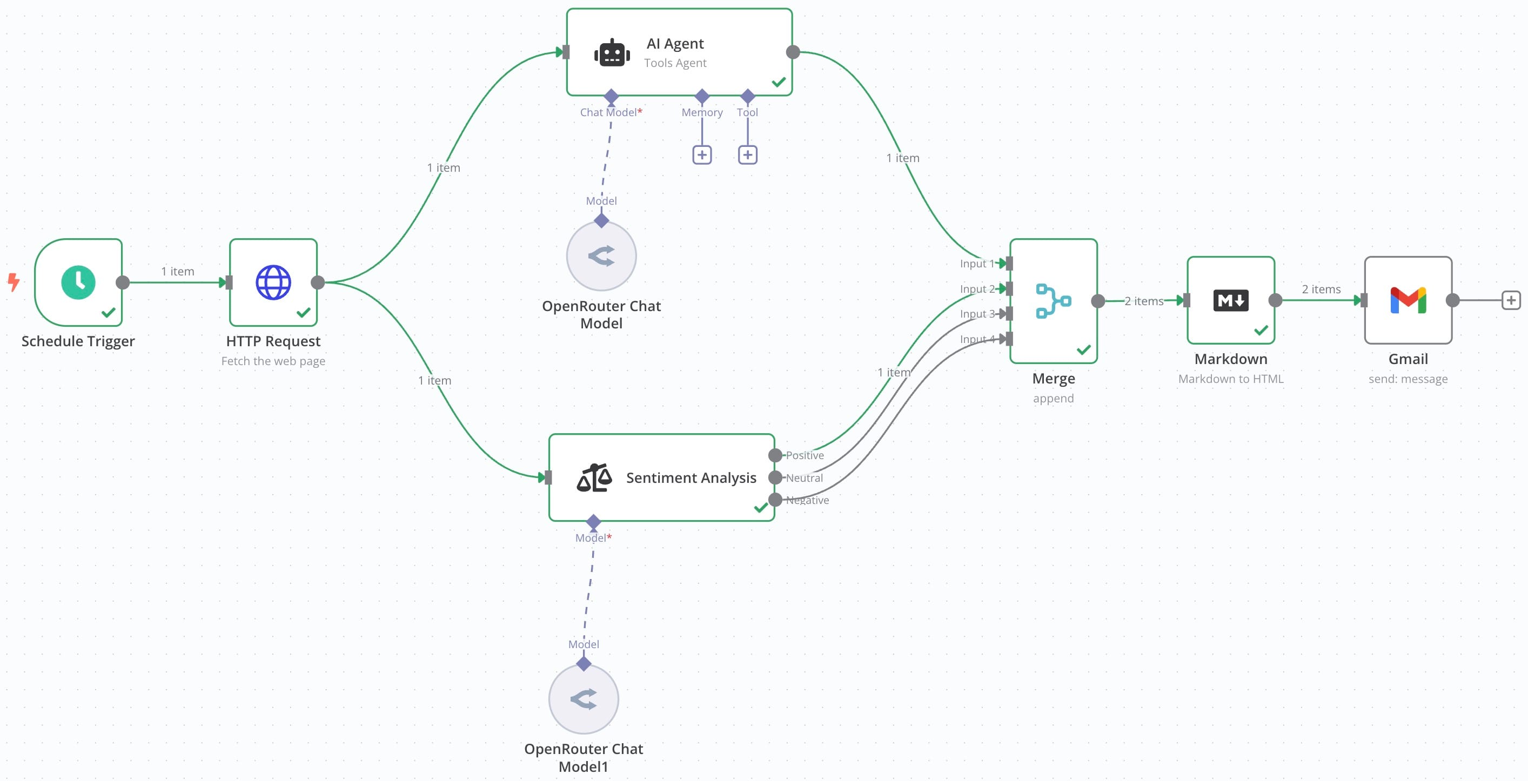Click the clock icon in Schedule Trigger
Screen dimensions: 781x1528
pos(78,282)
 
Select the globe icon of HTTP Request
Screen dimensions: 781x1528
pos(273,282)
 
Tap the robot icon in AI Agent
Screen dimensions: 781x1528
pos(612,54)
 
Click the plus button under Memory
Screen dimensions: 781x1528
pos(702,155)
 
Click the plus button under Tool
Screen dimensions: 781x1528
pos(747,155)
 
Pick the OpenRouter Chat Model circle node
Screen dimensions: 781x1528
pos(601,256)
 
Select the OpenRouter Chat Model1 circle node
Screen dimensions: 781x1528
pos(583,699)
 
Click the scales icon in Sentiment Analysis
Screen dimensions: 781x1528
pos(594,478)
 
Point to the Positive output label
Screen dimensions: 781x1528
pos(805,455)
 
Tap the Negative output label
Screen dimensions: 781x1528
pos(807,500)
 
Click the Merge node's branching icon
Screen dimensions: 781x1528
pos(1053,301)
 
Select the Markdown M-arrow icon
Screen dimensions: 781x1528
pos(1230,301)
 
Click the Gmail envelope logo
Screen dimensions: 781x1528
pos(1408,301)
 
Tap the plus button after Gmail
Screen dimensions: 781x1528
pos(1510,300)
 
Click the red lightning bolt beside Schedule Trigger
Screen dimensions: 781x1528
pos(14,282)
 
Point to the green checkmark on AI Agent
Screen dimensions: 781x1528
pos(779,82)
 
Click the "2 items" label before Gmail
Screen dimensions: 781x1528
pos(1321,289)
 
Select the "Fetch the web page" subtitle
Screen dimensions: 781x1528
pos(273,361)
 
